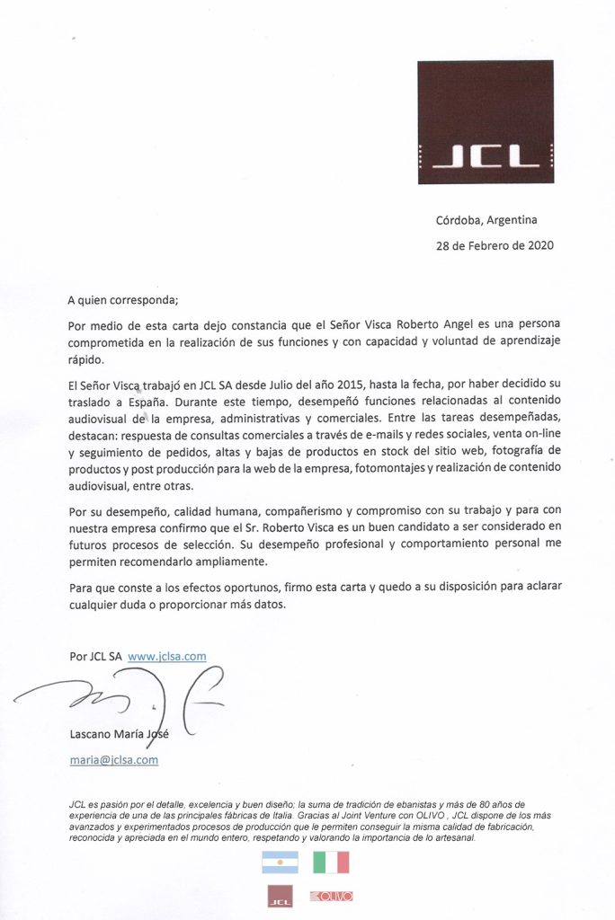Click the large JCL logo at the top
click(486, 121)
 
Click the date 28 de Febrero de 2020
click(495, 245)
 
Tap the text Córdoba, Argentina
click(486, 219)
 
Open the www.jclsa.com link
click(167, 656)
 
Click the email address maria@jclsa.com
click(114, 759)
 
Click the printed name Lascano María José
click(120, 733)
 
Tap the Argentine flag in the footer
click(280, 862)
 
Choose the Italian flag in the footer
click(331, 862)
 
